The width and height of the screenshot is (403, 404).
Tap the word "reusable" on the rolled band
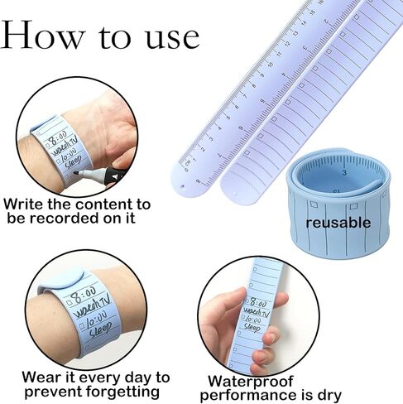(338, 223)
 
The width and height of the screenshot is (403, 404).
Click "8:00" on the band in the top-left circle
(58, 137)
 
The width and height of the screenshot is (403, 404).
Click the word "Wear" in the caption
(23, 378)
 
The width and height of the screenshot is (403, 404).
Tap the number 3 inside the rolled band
(343, 172)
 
